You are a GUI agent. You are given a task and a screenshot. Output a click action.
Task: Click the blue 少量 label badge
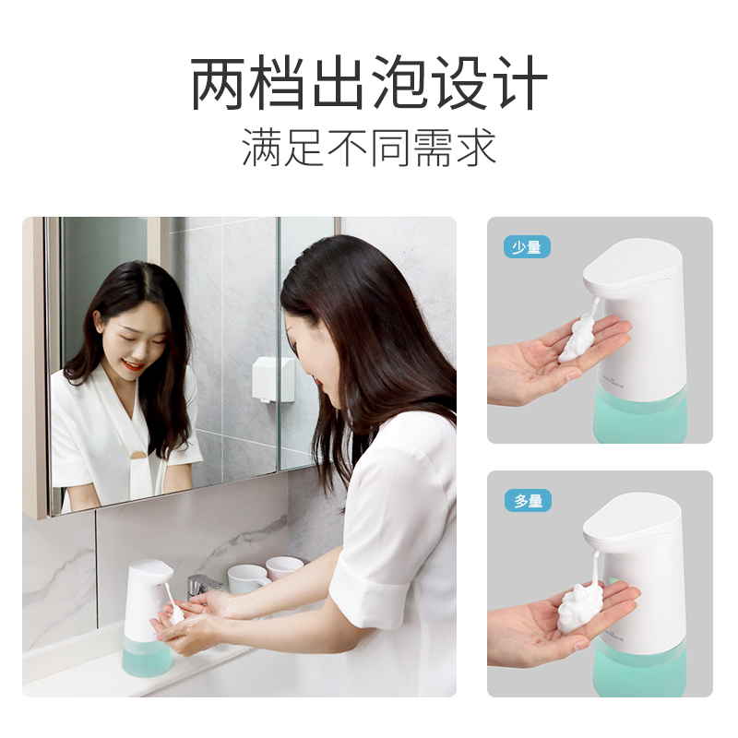(x=527, y=247)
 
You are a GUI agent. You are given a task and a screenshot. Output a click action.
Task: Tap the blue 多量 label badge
(x=528, y=500)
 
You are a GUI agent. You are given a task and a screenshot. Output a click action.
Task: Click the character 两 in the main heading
(x=219, y=83)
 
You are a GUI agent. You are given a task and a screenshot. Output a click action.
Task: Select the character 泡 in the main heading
(x=400, y=83)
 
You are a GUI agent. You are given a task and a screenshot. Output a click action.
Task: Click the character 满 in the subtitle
(x=261, y=148)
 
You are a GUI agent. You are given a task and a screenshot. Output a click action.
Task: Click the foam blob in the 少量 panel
(x=577, y=339)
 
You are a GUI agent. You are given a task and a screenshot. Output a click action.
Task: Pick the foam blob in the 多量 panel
(x=580, y=607)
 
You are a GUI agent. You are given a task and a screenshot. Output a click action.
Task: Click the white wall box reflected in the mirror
(x=273, y=379)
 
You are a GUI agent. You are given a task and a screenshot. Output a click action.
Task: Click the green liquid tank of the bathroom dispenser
(x=147, y=658)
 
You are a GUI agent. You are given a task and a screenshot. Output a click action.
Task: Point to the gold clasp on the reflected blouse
(x=138, y=454)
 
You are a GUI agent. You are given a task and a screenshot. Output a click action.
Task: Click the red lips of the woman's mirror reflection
(x=132, y=363)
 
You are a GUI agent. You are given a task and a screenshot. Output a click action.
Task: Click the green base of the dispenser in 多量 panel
(x=640, y=668)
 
